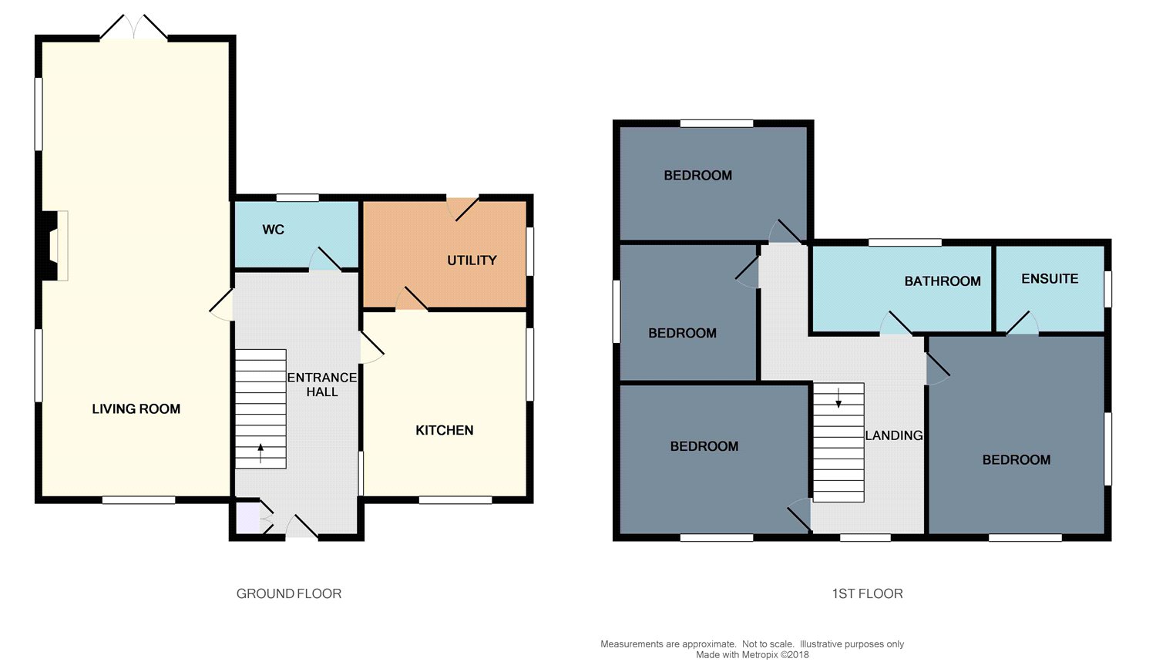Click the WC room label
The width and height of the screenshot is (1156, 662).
click(273, 230)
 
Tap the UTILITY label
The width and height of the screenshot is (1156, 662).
click(472, 260)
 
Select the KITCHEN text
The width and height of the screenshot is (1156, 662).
click(445, 430)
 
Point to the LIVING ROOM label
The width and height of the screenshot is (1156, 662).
click(136, 409)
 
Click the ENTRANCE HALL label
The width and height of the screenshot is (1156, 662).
click(322, 385)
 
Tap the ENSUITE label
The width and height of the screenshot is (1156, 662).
click(1050, 279)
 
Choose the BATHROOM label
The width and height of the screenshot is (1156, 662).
click(943, 281)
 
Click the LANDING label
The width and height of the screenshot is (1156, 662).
click(894, 435)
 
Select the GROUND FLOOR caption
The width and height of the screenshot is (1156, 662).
click(289, 594)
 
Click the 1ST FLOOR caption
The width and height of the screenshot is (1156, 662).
click(868, 594)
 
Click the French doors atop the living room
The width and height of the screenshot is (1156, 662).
click(133, 27)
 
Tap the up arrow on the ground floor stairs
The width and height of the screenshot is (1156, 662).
click(260, 453)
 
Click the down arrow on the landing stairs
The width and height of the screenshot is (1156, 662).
click(838, 398)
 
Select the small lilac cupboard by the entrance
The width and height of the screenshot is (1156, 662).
click(247, 517)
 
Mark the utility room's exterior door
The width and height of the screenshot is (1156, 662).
click(463, 209)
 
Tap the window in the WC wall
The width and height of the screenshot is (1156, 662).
click(297, 197)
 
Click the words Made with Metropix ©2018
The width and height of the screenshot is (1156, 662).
click(752, 655)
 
